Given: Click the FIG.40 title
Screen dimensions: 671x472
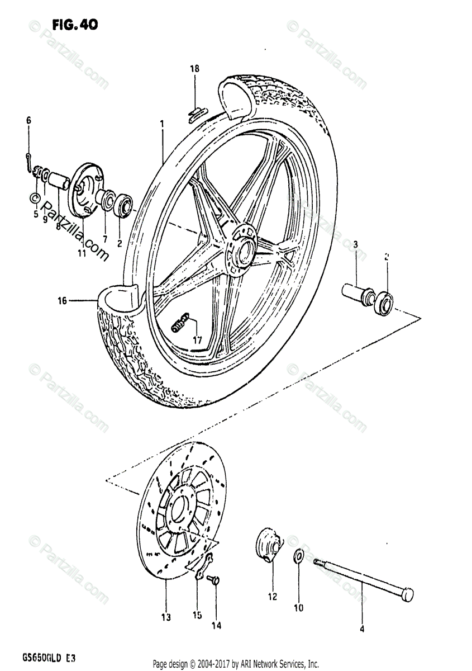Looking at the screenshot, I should tap(75, 24).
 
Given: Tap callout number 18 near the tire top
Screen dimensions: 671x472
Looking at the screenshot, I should tap(194, 69).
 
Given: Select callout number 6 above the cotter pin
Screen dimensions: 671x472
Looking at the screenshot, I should tap(28, 120).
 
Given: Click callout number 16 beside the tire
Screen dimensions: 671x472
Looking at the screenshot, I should tap(61, 301).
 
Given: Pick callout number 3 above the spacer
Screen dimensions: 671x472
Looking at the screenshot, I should tap(355, 244).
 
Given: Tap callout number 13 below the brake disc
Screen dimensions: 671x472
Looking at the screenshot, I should tap(165, 617).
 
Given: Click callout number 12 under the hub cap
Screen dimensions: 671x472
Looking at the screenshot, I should tap(272, 597).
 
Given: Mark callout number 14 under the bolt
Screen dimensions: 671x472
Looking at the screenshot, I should tap(216, 626).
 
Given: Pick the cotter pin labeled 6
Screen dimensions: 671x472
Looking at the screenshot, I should tap(28, 160).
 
